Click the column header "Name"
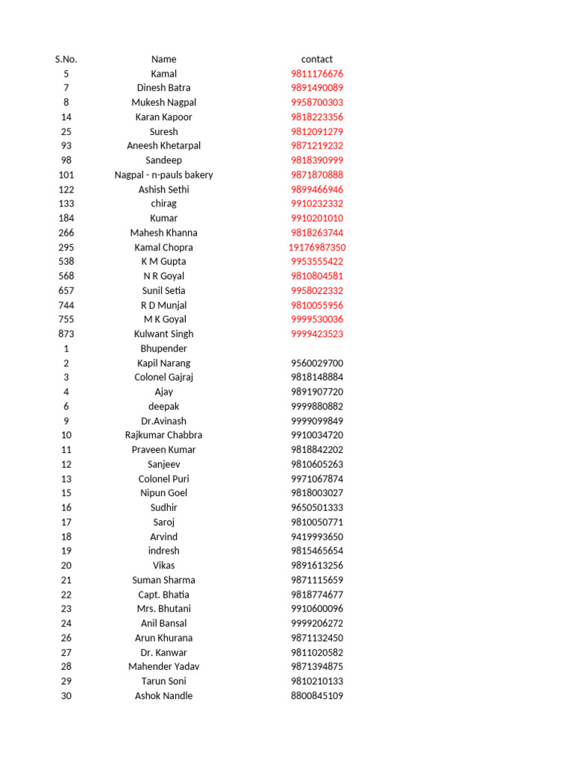(x=163, y=59)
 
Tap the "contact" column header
(x=317, y=59)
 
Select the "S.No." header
(x=66, y=59)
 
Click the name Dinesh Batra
(x=163, y=88)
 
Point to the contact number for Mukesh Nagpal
(x=317, y=102)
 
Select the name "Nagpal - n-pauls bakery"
(x=163, y=175)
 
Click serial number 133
(x=66, y=204)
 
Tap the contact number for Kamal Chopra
(x=317, y=247)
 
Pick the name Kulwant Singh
(x=163, y=334)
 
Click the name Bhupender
(x=163, y=348)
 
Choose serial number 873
(x=66, y=334)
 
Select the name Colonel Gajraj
(x=163, y=378)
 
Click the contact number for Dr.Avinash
(x=317, y=421)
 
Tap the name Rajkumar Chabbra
(x=163, y=435)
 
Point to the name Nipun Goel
(x=163, y=493)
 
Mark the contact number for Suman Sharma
(x=317, y=580)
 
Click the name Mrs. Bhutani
(x=163, y=609)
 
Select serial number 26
(x=66, y=638)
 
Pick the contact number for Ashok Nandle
(x=317, y=695)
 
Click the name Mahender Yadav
(x=163, y=666)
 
